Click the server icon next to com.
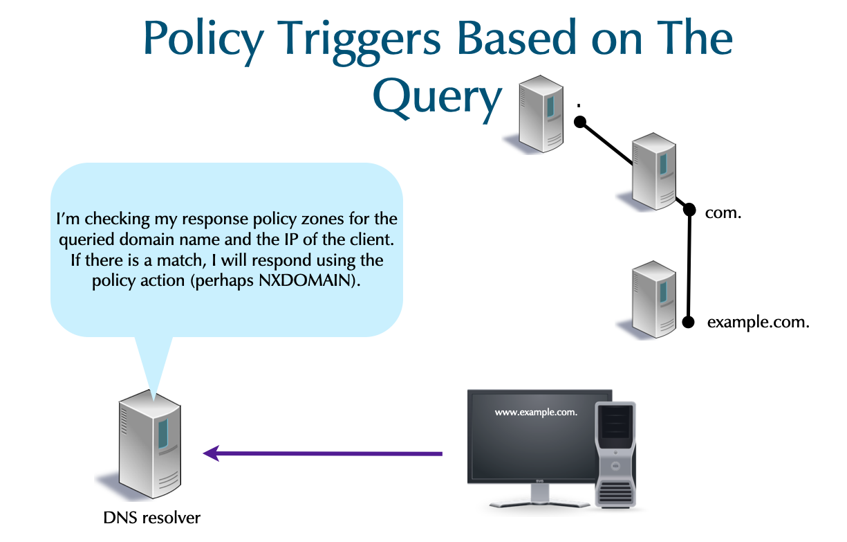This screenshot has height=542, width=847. tap(654, 171)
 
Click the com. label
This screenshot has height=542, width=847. tap(723, 213)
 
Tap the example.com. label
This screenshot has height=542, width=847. tap(758, 322)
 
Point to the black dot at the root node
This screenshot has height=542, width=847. tap(581, 123)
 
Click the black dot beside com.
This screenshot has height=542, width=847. tap(689, 208)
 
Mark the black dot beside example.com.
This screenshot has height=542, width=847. tap(688, 322)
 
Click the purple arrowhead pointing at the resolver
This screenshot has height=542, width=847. tap(212, 453)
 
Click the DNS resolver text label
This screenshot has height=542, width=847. tap(151, 517)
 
